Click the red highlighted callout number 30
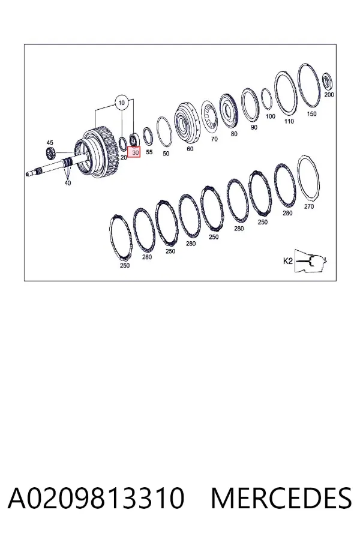pyautogui.click(x=134, y=152)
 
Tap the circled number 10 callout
pyautogui.click(x=121, y=103)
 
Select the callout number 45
pyautogui.click(x=50, y=143)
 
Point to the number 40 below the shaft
pyautogui.click(x=68, y=183)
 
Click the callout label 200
pyautogui.click(x=329, y=95)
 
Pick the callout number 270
pyautogui.click(x=309, y=206)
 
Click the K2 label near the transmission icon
pyautogui.click(x=287, y=261)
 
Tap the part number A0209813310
pyautogui.click(x=96, y=498)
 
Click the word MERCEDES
pyautogui.click(x=281, y=498)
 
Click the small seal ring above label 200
pyautogui.click(x=327, y=81)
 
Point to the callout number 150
pyautogui.click(x=311, y=113)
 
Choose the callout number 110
pyautogui.click(x=289, y=121)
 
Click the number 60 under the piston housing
pyautogui.click(x=190, y=149)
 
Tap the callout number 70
pyautogui.click(x=214, y=139)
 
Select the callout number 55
pyautogui.click(x=149, y=152)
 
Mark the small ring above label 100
pyautogui.click(x=266, y=100)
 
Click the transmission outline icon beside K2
pyautogui.click(x=311, y=261)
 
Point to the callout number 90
pyautogui.click(x=254, y=127)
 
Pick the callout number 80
pyautogui.click(x=234, y=134)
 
